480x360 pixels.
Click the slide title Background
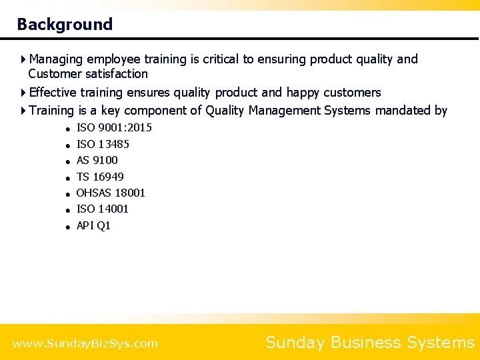click(65, 25)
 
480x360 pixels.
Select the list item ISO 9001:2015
click(114, 127)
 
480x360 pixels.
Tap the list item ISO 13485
click(103, 144)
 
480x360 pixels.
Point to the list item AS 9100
click(97, 160)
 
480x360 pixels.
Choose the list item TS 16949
click(100, 177)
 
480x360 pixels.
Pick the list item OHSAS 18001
click(111, 193)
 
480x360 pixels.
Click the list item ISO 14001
click(103, 209)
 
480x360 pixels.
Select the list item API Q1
click(93, 225)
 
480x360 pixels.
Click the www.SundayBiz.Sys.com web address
click(85, 344)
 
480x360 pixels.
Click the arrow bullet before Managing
click(24, 59)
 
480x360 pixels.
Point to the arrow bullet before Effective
click(24, 93)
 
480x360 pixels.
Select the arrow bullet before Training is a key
click(24, 111)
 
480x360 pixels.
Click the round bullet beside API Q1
click(68, 227)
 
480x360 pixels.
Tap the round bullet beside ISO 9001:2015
click(68, 129)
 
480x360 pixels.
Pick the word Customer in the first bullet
click(53, 74)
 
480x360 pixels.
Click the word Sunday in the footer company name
click(295, 343)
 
